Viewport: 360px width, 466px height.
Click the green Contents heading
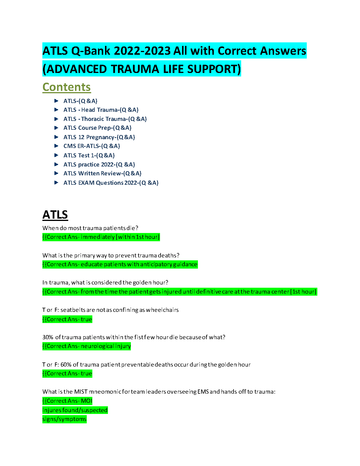click(x=66, y=87)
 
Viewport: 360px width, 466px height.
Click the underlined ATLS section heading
click(x=55, y=215)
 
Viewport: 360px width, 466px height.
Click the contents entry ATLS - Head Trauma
click(x=101, y=110)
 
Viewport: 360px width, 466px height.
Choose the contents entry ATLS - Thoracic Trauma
click(x=105, y=119)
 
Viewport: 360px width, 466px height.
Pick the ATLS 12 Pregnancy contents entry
click(x=99, y=137)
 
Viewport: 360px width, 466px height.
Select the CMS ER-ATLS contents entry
click(x=91, y=146)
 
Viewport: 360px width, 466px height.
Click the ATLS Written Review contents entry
click(x=102, y=173)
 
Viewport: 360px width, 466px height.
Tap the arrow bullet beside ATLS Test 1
click(x=56, y=155)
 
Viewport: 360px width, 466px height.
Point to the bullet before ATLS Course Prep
click(x=56, y=128)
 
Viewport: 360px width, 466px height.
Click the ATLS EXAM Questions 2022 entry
click(x=111, y=183)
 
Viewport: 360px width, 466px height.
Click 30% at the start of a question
click(x=48, y=337)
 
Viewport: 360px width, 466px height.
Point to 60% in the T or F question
click(x=66, y=365)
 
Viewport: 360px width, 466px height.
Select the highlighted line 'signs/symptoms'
click(x=64, y=419)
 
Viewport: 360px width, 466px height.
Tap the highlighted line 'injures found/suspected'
click(x=75, y=410)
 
